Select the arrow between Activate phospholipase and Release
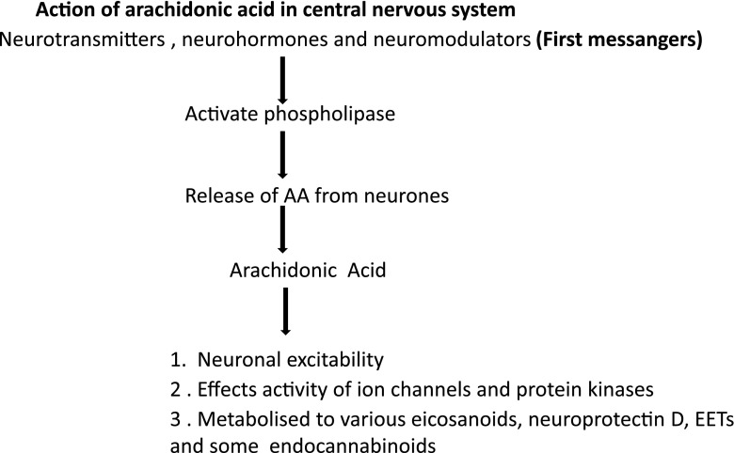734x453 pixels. (282, 157)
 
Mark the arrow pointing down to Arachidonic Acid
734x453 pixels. (282, 234)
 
